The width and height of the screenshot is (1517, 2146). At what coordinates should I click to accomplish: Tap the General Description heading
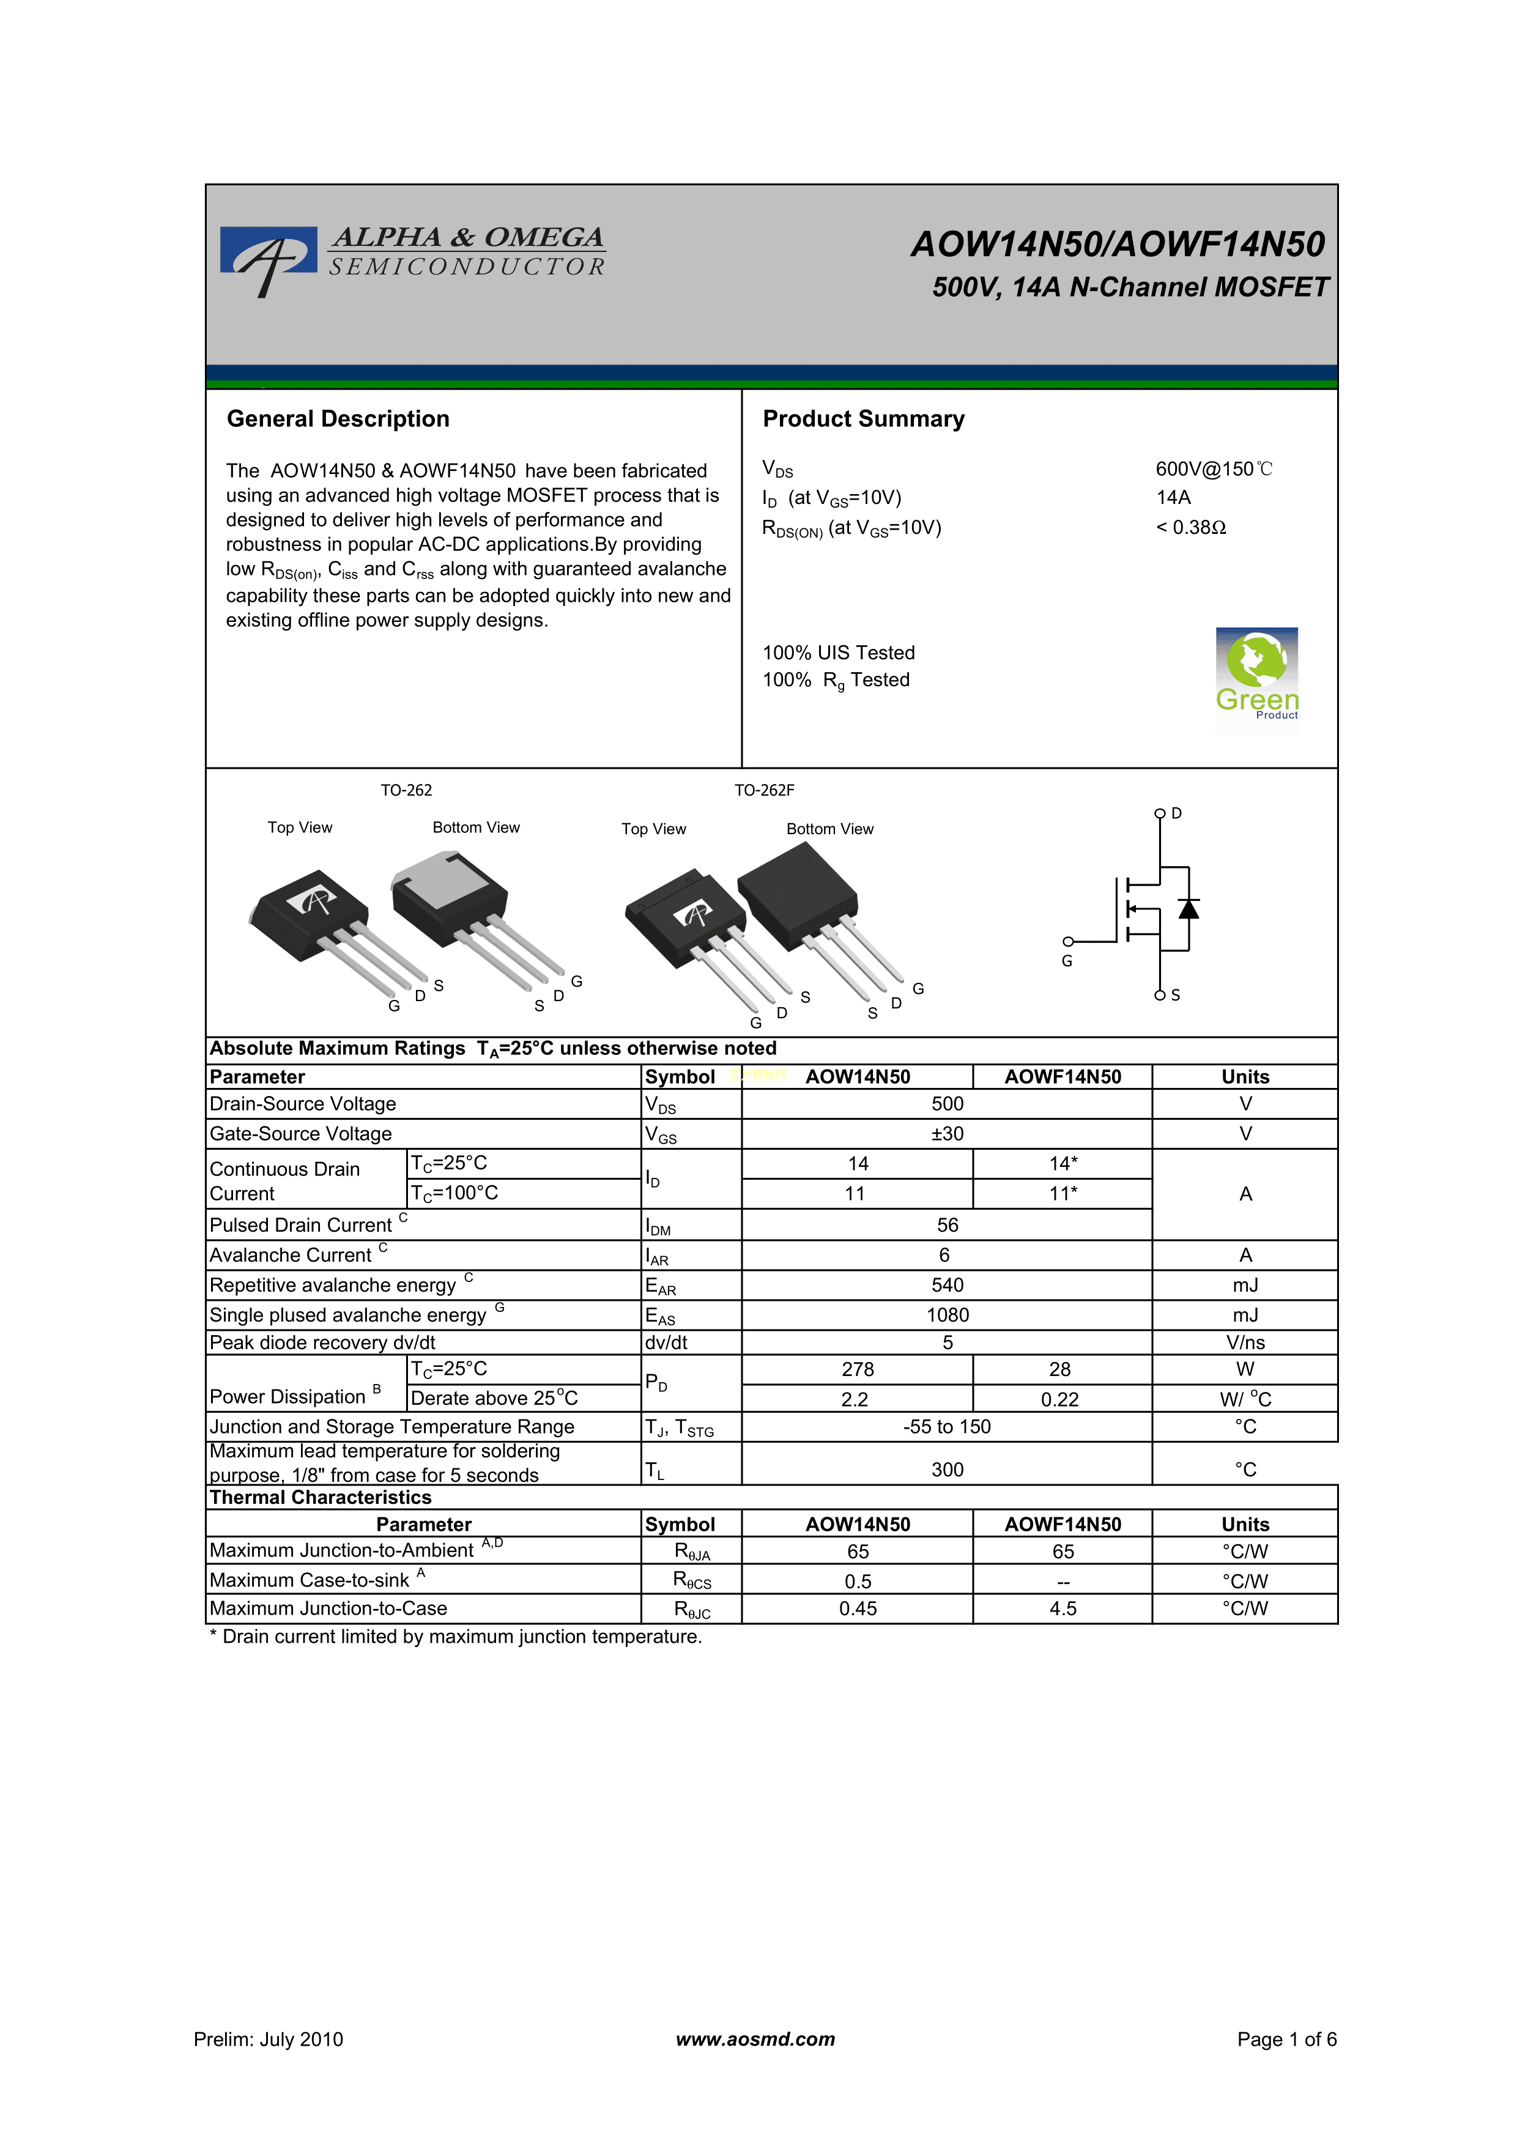[x=338, y=419]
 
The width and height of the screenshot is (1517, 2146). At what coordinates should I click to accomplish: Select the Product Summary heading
[x=862, y=419]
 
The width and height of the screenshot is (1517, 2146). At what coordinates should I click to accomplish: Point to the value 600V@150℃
[x=1213, y=469]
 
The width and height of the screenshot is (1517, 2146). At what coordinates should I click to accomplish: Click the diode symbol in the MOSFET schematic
[x=1188, y=909]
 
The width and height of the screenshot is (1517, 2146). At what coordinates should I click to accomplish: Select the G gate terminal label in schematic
[x=1066, y=961]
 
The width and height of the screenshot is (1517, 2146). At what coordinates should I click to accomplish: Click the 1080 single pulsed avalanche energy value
[x=947, y=1315]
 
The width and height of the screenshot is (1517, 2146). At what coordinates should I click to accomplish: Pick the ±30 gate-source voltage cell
[x=947, y=1134]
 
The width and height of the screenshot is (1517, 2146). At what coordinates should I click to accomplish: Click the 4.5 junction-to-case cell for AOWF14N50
[x=1062, y=1608]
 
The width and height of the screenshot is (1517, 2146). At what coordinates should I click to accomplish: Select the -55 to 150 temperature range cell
[x=947, y=1426]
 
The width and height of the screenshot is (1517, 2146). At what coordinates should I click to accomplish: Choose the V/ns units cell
[x=1245, y=1343]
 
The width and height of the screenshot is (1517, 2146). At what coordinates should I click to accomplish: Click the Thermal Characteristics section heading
[x=321, y=1497]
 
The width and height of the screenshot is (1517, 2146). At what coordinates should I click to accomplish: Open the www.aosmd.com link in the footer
[x=755, y=2040]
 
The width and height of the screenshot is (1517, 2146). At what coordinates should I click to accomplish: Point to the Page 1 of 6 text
[x=1286, y=2040]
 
